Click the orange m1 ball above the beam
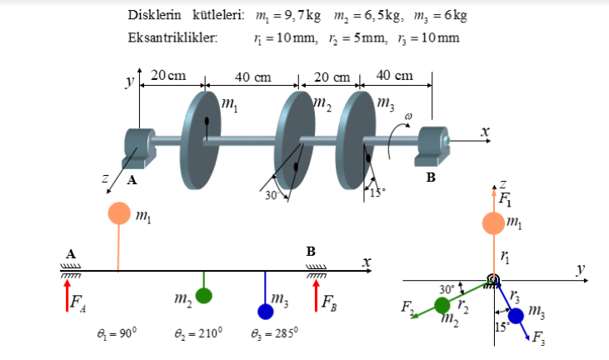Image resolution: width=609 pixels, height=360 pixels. coord(118,212)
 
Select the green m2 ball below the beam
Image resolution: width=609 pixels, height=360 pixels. coord(204,296)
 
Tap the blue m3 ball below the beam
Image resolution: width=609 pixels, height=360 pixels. coord(266,311)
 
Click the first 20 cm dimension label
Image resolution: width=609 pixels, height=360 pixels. coord(168,76)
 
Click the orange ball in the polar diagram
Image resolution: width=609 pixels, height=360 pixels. coord(494,223)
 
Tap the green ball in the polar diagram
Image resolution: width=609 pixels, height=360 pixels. coord(442,306)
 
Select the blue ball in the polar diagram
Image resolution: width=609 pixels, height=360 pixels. coord(517,316)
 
